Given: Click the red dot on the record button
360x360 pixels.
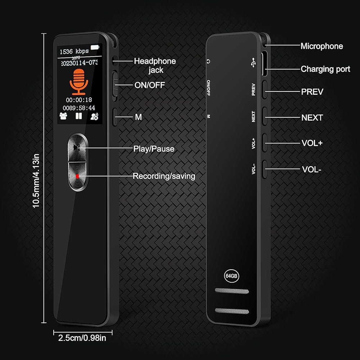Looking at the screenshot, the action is (77, 176).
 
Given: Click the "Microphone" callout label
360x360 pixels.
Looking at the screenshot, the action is (321, 46).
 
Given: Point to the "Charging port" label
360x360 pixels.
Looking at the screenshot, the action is (325, 69).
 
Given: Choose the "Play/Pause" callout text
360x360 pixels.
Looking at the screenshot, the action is (154, 149).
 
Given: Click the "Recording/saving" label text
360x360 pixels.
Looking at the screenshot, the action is (164, 176).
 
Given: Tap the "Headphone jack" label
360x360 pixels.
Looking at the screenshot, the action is (155, 65).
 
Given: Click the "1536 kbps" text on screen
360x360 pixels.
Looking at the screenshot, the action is (74, 51).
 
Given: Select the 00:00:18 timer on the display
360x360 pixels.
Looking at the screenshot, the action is (79, 100).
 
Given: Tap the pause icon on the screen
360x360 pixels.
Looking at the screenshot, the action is (78, 116).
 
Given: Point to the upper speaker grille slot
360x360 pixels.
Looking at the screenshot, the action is (232, 291).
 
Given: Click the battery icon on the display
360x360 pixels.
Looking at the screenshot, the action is (95, 47).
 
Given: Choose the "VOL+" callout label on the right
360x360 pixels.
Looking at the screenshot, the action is (312, 143).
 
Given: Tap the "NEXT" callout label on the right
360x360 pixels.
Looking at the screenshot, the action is (312, 117).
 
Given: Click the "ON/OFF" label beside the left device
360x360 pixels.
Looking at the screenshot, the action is (144, 85).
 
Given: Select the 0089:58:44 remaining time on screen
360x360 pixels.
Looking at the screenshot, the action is (79, 108).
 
